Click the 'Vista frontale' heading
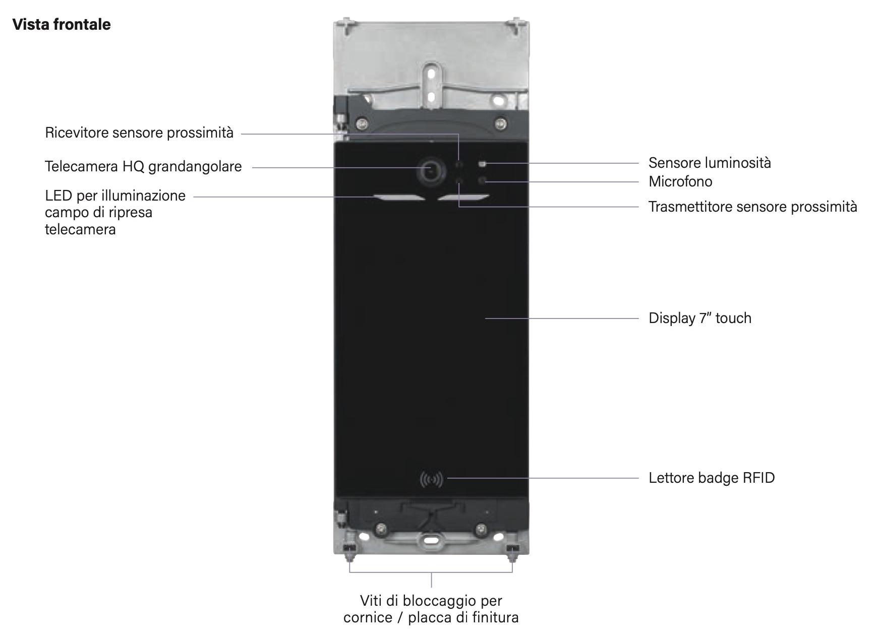coord(62,25)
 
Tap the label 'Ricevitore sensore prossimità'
coord(139,133)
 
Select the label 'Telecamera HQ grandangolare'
coord(143,167)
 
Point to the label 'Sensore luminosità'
coord(710,163)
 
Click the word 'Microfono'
coord(680,181)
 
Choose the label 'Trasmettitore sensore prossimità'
coord(752,207)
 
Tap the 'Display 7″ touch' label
coord(699,318)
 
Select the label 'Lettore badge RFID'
coord(711,478)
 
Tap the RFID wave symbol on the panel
coord(431,479)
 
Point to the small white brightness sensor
coord(482,164)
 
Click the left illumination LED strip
coord(399,198)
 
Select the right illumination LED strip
coord(463,198)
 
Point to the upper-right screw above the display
coord(500,122)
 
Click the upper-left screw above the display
coord(361,122)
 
